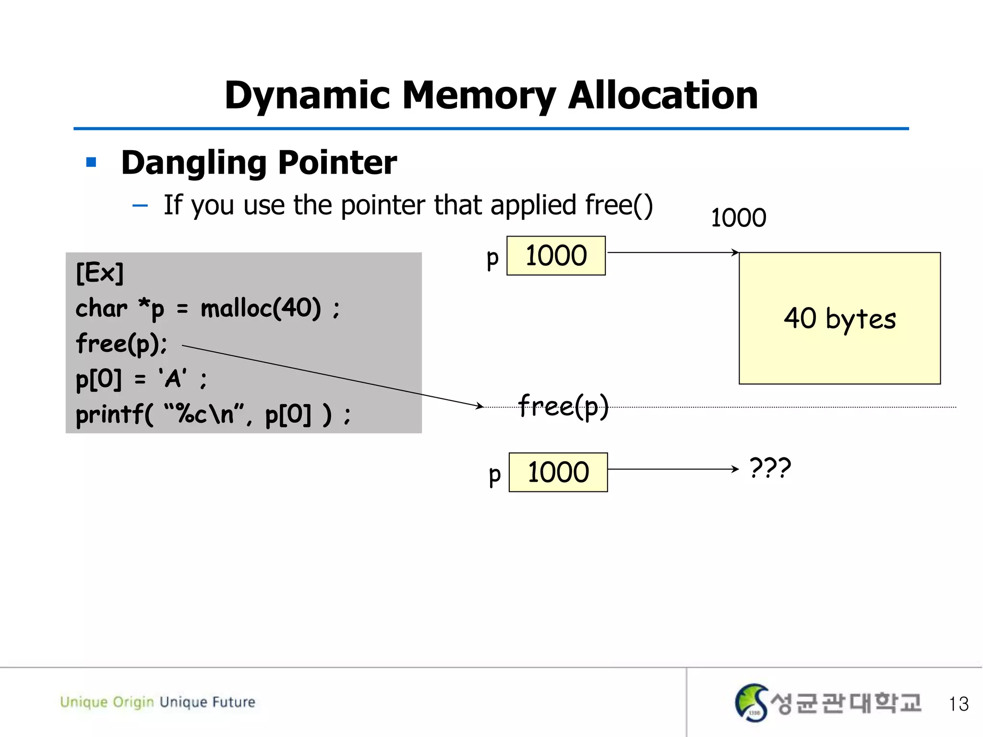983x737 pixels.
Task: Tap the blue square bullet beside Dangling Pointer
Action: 91,162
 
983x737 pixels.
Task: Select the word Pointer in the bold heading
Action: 337,162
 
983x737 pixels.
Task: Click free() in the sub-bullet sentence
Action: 619,205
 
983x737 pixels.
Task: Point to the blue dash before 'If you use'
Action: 140,206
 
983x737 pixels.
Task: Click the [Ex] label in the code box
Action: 99,273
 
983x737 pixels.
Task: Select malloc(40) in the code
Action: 261,308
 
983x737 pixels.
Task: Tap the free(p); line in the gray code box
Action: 121,344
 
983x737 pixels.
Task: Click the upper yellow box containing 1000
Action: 556,255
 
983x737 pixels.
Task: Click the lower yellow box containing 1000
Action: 558,472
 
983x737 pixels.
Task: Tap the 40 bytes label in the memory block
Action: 839,318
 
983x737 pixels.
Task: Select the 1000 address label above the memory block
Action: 738,217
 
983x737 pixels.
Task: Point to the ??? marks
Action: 770,468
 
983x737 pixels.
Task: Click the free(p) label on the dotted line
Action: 563,406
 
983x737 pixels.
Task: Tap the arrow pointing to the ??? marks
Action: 672,469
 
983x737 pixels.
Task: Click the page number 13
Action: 959,704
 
